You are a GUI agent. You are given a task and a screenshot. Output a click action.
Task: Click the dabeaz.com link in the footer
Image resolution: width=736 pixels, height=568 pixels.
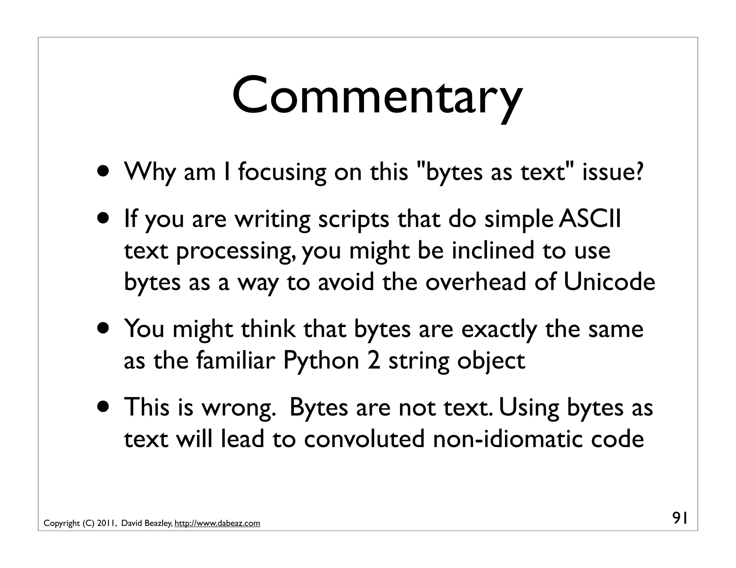tap(217, 523)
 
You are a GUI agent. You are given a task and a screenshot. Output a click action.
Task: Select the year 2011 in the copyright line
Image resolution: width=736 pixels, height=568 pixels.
tap(106, 523)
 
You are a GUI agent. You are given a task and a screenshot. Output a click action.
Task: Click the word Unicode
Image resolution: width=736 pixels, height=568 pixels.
tap(609, 282)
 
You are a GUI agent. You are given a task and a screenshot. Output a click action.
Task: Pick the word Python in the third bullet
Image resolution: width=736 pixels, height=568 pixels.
tap(321, 361)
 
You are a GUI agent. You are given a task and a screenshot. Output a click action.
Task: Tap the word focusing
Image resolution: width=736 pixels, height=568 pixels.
tap(282, 172)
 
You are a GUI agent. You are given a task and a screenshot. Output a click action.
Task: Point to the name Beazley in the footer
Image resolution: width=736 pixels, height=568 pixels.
tap(158, 523)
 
